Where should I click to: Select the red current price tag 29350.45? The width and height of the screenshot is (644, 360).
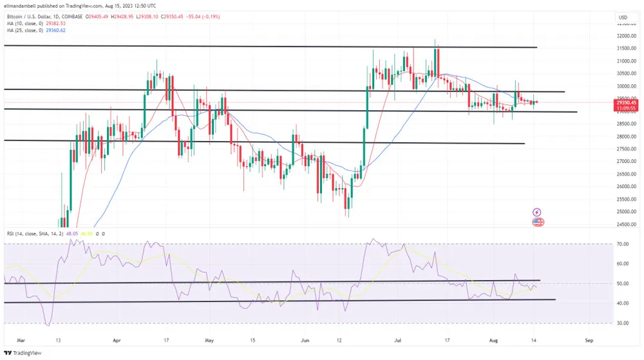(x=626, y=102)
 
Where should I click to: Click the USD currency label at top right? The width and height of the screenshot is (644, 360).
(x=623, y=17)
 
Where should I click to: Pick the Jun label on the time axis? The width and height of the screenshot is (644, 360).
(x=305, y=337)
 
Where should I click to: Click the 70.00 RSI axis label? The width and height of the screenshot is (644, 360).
(x=622, y=245)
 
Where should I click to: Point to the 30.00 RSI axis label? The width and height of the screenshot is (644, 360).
(x=622, y=323)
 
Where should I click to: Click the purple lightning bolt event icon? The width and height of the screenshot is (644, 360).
(x=537, y=212)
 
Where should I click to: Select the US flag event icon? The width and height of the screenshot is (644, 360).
(x=537, y=222)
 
